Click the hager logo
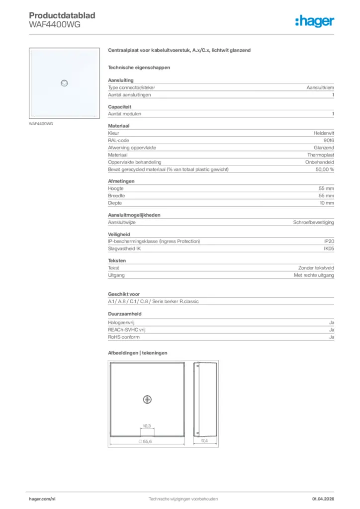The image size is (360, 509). [x=314, y=21]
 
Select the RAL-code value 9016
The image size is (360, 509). [x=329, y=141]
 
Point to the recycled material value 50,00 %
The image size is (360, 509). [x=325, y=170]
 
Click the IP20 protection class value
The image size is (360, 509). [x=329, y=242]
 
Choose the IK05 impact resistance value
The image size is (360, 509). [x=329, y=249]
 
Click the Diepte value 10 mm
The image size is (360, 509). [x=326, y=203]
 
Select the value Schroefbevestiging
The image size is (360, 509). [x=313, y=222]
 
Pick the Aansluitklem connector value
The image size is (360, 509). [x=320, y=87]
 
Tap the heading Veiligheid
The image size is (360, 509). [x=119, y=234]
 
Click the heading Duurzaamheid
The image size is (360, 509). [x=125, y=314]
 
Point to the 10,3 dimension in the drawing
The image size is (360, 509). [x=147, y=426]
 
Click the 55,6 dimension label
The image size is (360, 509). [x=146, y=441]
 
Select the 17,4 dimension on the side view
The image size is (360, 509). [x=204, y=441]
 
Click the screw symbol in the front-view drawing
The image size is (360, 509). [x=147, y=399]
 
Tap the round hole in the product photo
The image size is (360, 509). [x=64, y=83]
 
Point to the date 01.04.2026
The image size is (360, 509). [x=323, y=499]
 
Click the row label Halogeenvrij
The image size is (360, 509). [x=120, y=323]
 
